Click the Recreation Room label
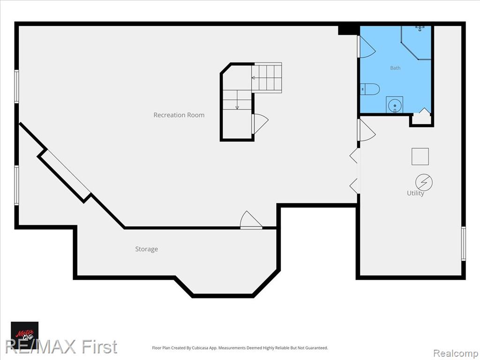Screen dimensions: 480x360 pyautogui.click(x=179, y=115)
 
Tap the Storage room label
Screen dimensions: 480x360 pyautogui.click(x=147, y=249)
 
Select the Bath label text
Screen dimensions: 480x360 pyautogui.click(x=395, y=68)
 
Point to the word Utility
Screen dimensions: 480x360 pyautogui.click(x=415, y=193)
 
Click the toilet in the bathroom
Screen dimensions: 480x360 pyautogui.click(x=370, y=89)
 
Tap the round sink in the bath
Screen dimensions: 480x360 pyautogui.click(x=394, y=105)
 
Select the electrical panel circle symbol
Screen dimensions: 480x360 pyautogui.click(x=424, y=182)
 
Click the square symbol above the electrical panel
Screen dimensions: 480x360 pyautogui.click(x=420, y=157)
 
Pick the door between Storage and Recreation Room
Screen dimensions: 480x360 pyautogui.click(x=251, y=220)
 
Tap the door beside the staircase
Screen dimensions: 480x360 pyautogui.click(x=260, y=123)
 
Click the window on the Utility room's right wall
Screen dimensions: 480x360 pyautogui.click(x=464, y=244)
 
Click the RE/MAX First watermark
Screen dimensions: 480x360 pyautogui.click(x=61, y=347)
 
